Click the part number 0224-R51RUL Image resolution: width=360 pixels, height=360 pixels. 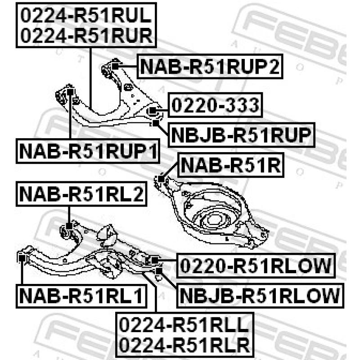pyautogui.click(x=86, y=15)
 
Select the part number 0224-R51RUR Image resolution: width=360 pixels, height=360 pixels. pyautogui.click(x=86, y=36)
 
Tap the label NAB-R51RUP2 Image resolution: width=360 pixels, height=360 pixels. pyautogui.click(x=210, y=66)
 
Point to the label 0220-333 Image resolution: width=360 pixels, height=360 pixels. pyautogui.click(x=215, y=105)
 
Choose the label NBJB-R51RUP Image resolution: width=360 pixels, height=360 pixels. pyautogui.click(x=241, y=135)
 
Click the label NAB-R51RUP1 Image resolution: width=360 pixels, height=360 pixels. pyautogui.click(x=88, y=151)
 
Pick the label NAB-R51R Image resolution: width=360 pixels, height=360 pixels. pyautogui.click(x=231, y=165)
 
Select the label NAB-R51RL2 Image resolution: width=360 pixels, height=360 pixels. pyautogui.click(x=81, y=194)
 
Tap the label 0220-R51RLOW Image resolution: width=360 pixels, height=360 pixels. pyautogui.click(x=256, y=265)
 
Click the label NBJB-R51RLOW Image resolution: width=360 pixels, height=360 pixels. pyautogui.click(x=260, y=296)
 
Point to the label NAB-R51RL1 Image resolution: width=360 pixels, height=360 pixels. pyautogui.click(x=81, y=296)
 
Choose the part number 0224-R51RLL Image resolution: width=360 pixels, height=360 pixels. pyautogui.click(x=184, y=325)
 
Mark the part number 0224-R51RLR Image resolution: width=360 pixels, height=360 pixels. pyautogui.click(x=184, y=345)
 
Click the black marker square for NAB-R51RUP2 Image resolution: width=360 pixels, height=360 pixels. pyautogui.click(x=115, y=66)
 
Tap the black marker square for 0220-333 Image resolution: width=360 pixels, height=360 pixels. pyautogui.click(x=153, y=111)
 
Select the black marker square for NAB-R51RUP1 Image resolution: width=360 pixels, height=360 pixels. pyautogui.click(x=70, y=92)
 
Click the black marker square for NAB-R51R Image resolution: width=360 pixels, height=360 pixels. pyautogui.click(x=161, y=179)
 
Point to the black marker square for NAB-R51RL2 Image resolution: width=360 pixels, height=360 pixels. pyautogui.click(x=69, y=226)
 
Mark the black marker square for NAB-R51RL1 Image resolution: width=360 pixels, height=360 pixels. pyautogui.click(x=22, y=258)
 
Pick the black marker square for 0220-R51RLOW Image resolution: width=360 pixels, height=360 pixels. pyautogui.click(x=155, y=260)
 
